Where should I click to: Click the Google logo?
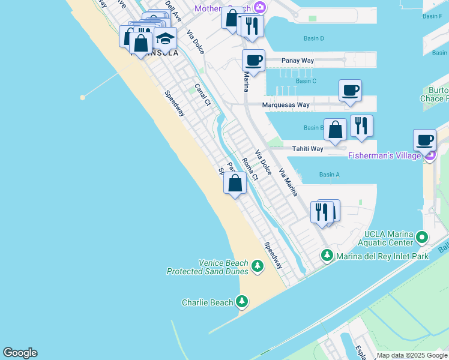(x=20, y=353)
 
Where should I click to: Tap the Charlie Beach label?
(x=207, y=302)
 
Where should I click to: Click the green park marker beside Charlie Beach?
(x=242, y=301)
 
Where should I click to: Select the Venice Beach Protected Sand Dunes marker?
(x=258, y=265)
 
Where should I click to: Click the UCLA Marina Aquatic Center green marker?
(x=422, y=238)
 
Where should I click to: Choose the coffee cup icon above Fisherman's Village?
(x=425, y=140)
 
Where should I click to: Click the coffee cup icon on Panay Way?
(x=253, y=60)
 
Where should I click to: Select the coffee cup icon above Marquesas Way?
(x=350, y=91)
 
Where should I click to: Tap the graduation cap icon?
(x=165, y=38)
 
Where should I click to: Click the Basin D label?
(x=313, y=38)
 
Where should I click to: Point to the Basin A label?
(x=330, y=175)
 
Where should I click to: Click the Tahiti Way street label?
(x=307, y=149)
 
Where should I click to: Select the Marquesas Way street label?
(x=286, y=105)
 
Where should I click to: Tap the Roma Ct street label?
(x=250, y=169)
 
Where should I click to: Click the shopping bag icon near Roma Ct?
(x=235, y=183)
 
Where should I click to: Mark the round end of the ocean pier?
(x=83, y=97)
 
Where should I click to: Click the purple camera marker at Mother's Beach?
(x=260, y=7)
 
